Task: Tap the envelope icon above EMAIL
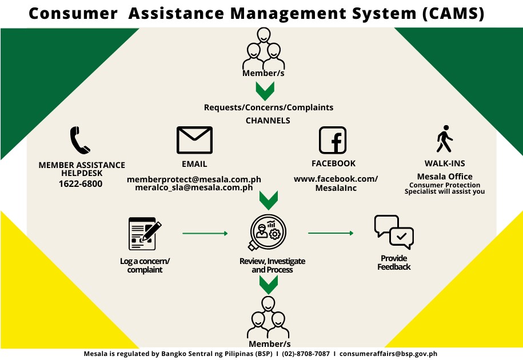(194, 140)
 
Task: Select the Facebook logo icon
(333, 140)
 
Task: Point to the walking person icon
(445, 139)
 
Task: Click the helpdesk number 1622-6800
(81, 183)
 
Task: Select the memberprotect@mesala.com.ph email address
(194, 179)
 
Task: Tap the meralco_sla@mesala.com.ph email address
(194, 187)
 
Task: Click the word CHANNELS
(268, 121)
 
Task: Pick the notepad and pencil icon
(145, 234)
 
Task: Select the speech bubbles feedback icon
(394, 232)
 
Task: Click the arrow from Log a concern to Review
(205, 233)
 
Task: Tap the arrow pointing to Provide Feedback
(330, 233)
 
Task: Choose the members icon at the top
(264, 49)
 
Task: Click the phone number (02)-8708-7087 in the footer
(306, 354)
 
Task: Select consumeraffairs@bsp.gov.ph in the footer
(388, 354)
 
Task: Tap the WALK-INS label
(445, 163)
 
